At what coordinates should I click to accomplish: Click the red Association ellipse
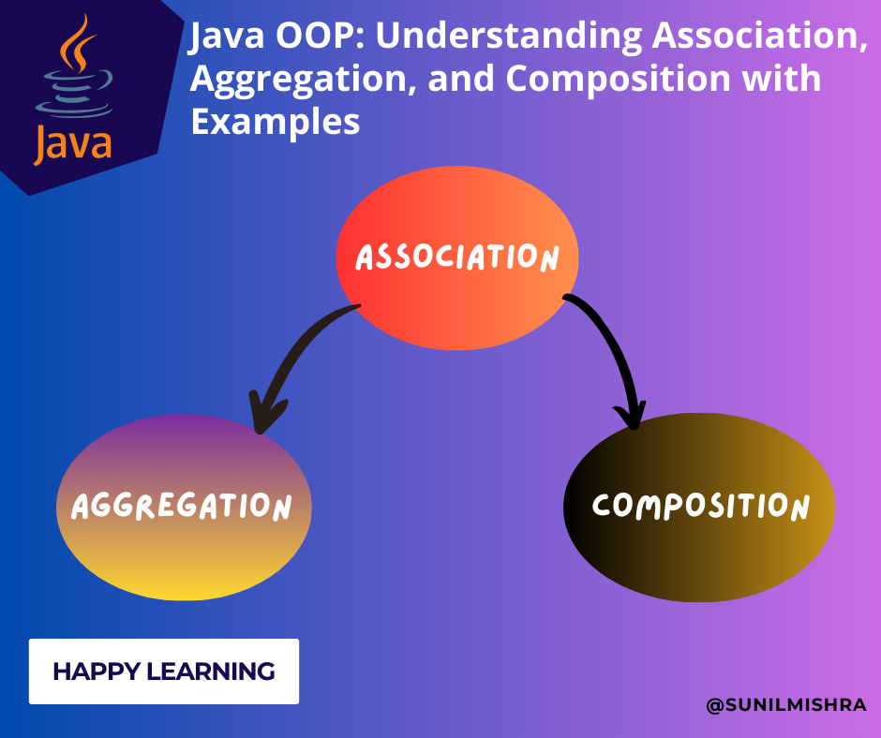click(457, 258)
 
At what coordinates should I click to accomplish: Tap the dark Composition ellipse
click(699, 507)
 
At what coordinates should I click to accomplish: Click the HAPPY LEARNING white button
click(164, 672)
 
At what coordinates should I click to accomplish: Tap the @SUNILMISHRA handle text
click(785, 705)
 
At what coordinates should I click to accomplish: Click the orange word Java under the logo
click(73, 143)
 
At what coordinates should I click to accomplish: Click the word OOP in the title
click(300, 38)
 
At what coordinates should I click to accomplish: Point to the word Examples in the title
click(276, 121)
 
